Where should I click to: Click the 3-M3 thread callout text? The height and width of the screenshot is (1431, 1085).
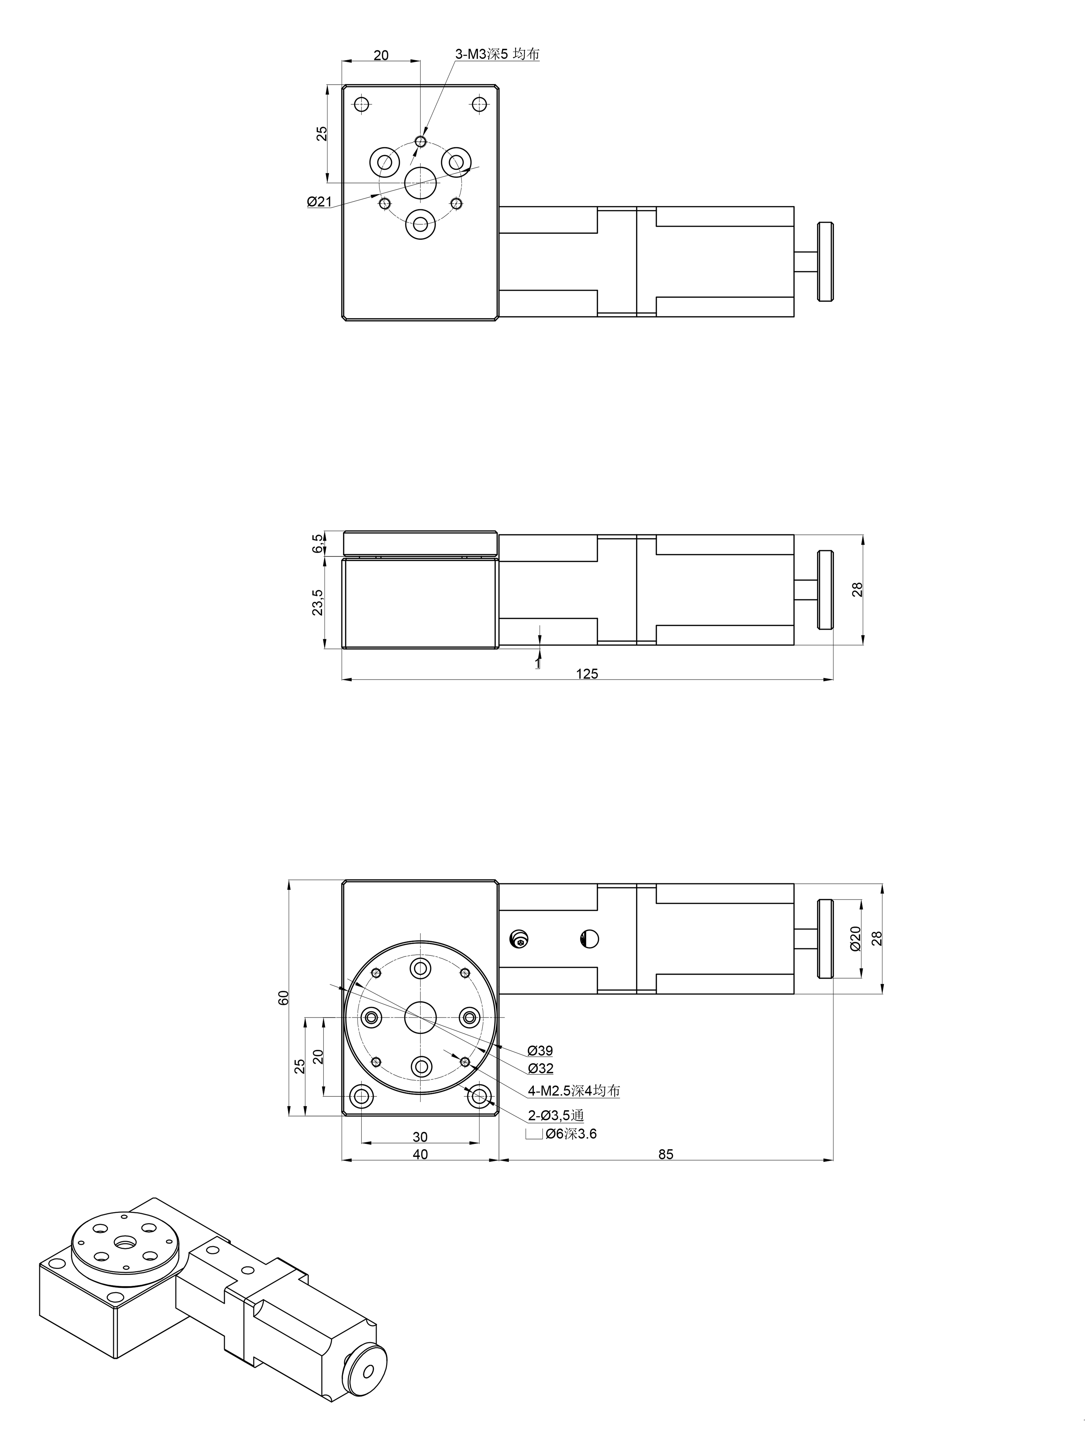click(497, 54)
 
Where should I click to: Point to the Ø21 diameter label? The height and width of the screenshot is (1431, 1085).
click(319, 202)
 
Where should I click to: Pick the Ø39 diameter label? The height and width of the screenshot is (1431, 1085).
click(540, 1051)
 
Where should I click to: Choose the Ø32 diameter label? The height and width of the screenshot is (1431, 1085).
click(540, 1068)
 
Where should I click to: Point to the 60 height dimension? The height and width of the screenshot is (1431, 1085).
click(283, 997)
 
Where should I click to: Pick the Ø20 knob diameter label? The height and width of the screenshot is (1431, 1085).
click(856, 938)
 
